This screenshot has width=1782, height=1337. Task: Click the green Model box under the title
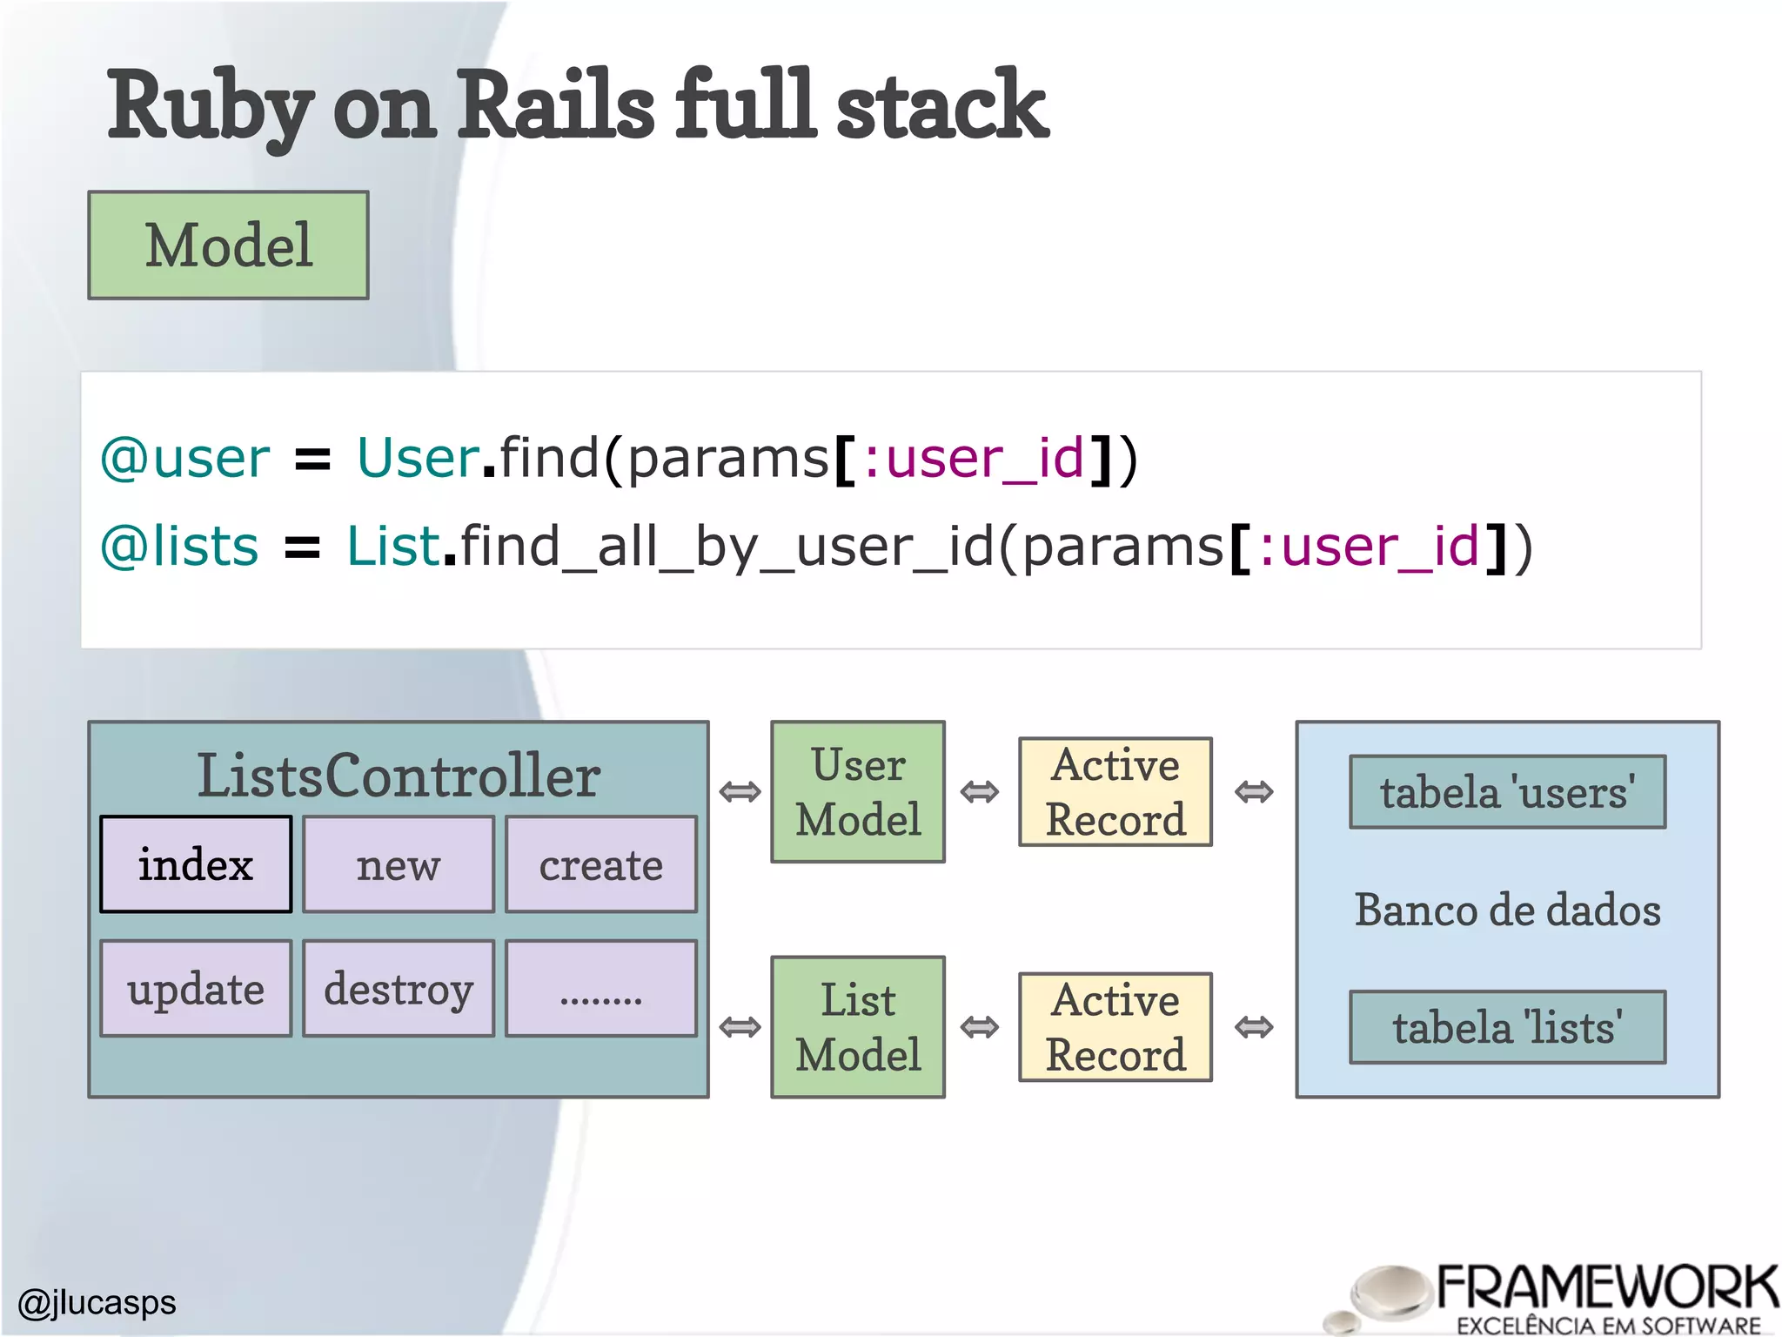[x=228, y=245]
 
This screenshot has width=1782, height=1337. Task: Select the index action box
[x=196, y=864]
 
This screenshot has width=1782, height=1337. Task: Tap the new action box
[x=399, y=864]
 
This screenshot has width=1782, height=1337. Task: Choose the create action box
[x=601, y=864]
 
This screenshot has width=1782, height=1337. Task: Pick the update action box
[x=196, y=988]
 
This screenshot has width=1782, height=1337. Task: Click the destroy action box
[x=399, y=988]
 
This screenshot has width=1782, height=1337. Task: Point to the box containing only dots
[x=601, y=988]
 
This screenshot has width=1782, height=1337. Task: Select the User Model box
[x=858, y=791]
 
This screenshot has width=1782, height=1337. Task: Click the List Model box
[x=858, y=1027]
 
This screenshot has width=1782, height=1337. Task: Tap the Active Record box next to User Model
[x=1115, y=791]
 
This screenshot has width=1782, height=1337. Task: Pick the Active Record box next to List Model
[x=1115, y=1027]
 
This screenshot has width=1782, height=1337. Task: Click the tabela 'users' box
[x=1507, y=791]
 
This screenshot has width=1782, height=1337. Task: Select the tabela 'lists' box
[x=1507, y=1027]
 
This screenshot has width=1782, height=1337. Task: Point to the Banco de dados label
[x=1507, y=910]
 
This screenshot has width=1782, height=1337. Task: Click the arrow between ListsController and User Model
[x=740, y=792]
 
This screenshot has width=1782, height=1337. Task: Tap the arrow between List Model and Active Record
[x=980, y=1027]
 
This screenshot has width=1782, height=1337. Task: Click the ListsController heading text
[x=399, y=775]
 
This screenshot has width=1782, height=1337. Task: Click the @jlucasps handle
[x=97, y=1302]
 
